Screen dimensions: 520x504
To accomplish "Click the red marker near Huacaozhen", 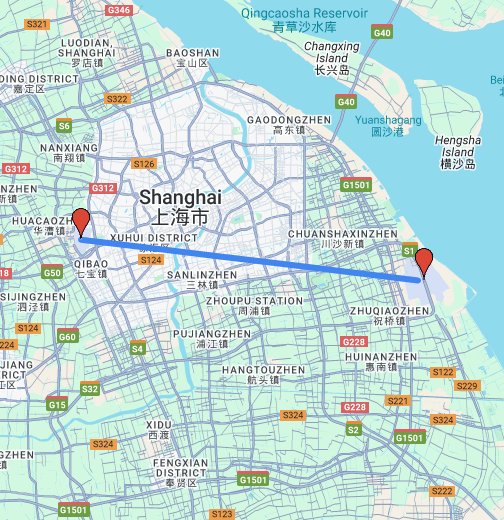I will (x=81, y=222).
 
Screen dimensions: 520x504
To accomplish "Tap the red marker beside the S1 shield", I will (x=424, y=261).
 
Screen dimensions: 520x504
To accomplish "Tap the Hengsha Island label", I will (x=460, y=149).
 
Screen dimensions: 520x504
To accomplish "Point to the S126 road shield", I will (x=144, y=163).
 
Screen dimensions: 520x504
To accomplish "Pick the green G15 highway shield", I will (x=57, y=404).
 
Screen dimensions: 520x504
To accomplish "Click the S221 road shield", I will (x=397, y=400).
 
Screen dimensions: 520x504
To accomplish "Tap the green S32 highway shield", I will (x=90, y=388).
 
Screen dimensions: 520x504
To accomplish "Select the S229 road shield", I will (x=466, y=386).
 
